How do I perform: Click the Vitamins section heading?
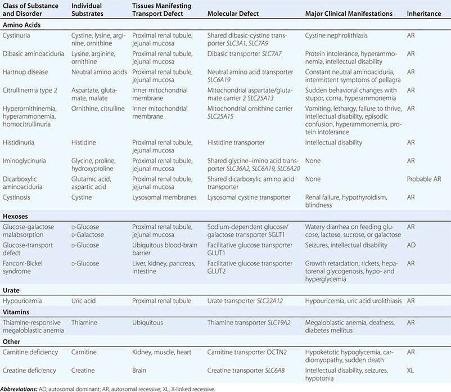click(18, 311)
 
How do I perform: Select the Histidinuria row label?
click(21, 143)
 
